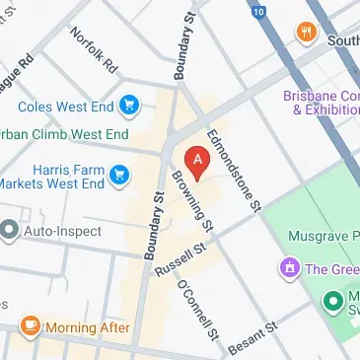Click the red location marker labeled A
pyautogui.click(x=198, y=161)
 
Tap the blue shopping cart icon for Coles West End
pyautogui.click(x=129, y=105)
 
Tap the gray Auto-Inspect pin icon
pyautogui.click(x=11, y=232)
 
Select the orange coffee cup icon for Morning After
pyautogui.click(x=31, y=324)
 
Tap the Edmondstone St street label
pyautogui.click(x=233, y=169)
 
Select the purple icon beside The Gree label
pyautogui.click(x=290, y=267)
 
